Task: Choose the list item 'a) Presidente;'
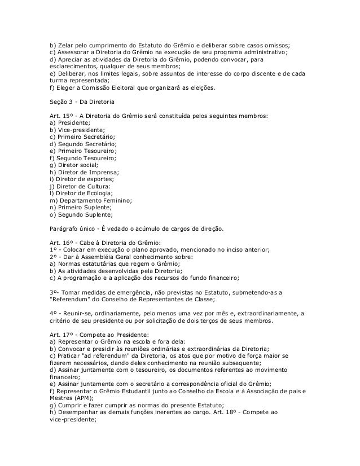69,122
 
